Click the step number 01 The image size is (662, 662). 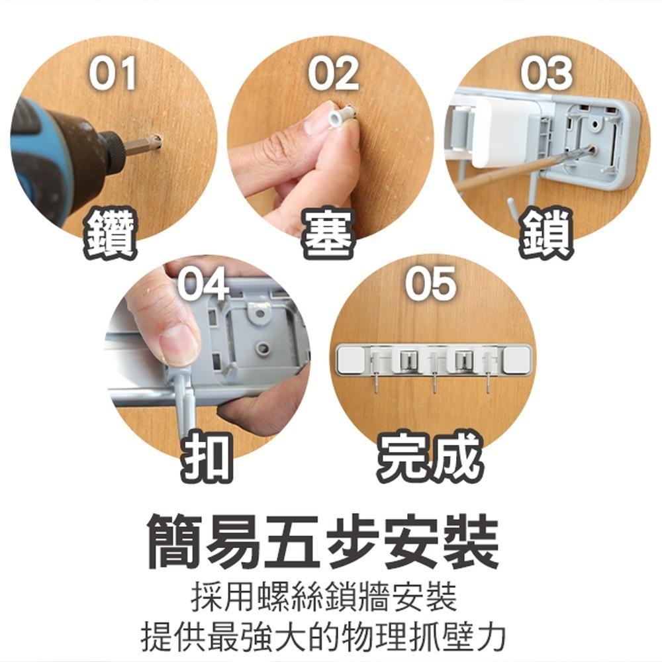pos(113,73)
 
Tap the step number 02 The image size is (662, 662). pos(333,73)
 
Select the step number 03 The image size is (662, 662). pos(546,73)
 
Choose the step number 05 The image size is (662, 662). pos(431,284)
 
